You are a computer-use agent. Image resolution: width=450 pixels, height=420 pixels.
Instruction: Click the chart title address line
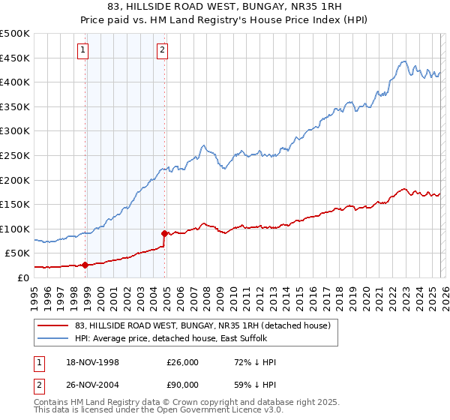click(224, 6)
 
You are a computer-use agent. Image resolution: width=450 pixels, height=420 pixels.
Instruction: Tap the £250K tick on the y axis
click(15, 155)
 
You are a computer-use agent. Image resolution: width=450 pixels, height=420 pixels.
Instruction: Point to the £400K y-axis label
click(15, 82)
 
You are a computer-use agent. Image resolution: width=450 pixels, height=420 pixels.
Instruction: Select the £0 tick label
click(24, 277)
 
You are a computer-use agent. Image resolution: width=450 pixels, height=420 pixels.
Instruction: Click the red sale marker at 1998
click(85, 265)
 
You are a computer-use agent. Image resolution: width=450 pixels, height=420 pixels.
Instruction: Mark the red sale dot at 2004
click(165, 233)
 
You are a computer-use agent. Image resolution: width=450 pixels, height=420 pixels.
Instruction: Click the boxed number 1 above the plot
click(82, 51)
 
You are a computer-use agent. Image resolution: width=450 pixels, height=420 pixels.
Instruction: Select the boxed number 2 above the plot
click(162, 51)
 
